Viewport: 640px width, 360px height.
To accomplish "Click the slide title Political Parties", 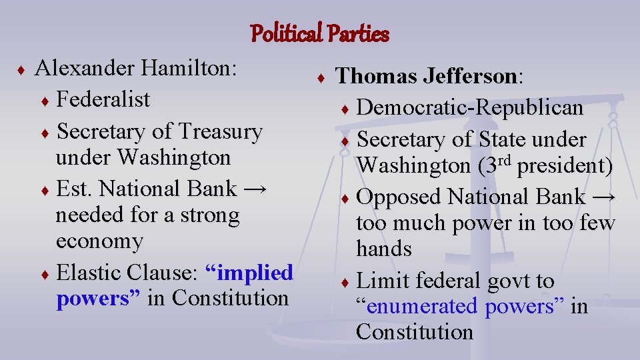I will (319, 33).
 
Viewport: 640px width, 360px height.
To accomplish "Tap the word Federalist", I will (103, 100).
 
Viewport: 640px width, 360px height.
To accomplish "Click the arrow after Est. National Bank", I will (255, 189).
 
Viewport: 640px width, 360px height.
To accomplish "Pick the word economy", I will (99, 241).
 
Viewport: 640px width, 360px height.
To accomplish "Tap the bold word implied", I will (249, 273).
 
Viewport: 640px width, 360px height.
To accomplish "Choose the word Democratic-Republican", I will (469, 107).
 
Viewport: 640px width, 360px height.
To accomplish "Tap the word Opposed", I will (399, 197).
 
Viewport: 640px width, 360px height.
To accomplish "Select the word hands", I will (384, 249).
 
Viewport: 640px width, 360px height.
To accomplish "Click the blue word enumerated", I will (423, 306).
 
